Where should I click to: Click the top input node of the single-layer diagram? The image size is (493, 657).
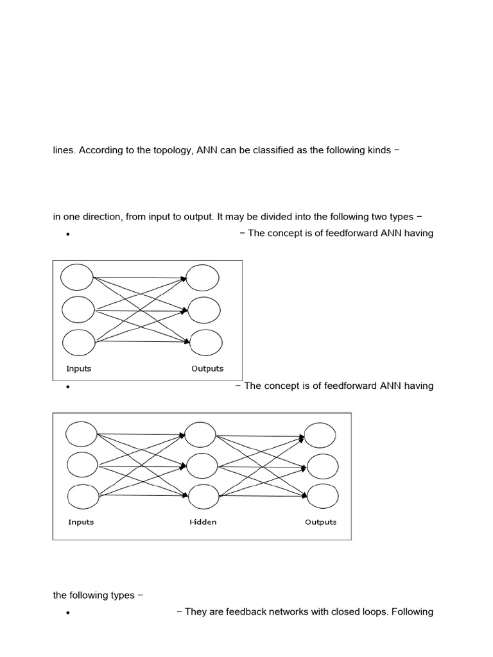tap(78, 277)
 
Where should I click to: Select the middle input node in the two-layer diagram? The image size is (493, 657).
tap(78, 310)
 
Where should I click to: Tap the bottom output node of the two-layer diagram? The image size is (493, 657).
tap(206, 342)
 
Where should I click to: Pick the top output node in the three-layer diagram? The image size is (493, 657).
tap(320, 435)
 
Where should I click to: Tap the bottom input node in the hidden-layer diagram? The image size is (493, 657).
tap(83, 496)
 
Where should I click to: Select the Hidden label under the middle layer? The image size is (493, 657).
tap(203, 522)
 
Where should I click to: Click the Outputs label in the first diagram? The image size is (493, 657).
tap(207, 369)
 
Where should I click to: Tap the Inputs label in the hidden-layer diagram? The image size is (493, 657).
tap(81, 522)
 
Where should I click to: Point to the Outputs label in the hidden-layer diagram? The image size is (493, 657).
tap(320, 522)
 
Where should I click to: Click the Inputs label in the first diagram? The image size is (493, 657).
tap(79, 369)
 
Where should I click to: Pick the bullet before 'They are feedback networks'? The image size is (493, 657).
tap(67, 613)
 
